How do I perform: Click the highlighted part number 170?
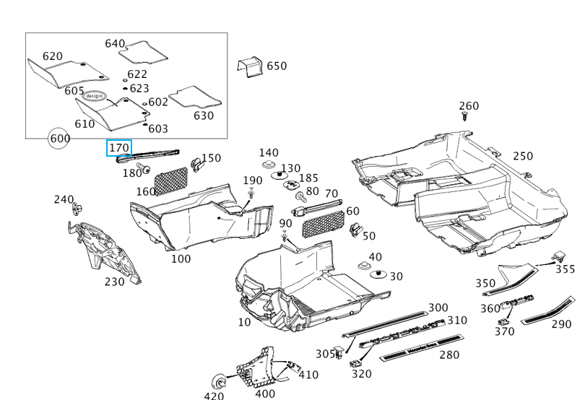pos(118,149)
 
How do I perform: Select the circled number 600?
pos(59,138)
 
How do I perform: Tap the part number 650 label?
pos(277,66)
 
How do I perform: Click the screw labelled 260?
pos(465,115)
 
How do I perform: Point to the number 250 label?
pos(523,157)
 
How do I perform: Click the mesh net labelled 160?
pos(172,178)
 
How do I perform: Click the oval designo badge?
pos(95,95)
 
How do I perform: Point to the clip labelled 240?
pos(77,209)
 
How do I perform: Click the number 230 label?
pos(114,282)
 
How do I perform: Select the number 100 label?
pos(181,258)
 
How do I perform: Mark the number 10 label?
pos(244,322)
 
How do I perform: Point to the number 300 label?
pos(438,308)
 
